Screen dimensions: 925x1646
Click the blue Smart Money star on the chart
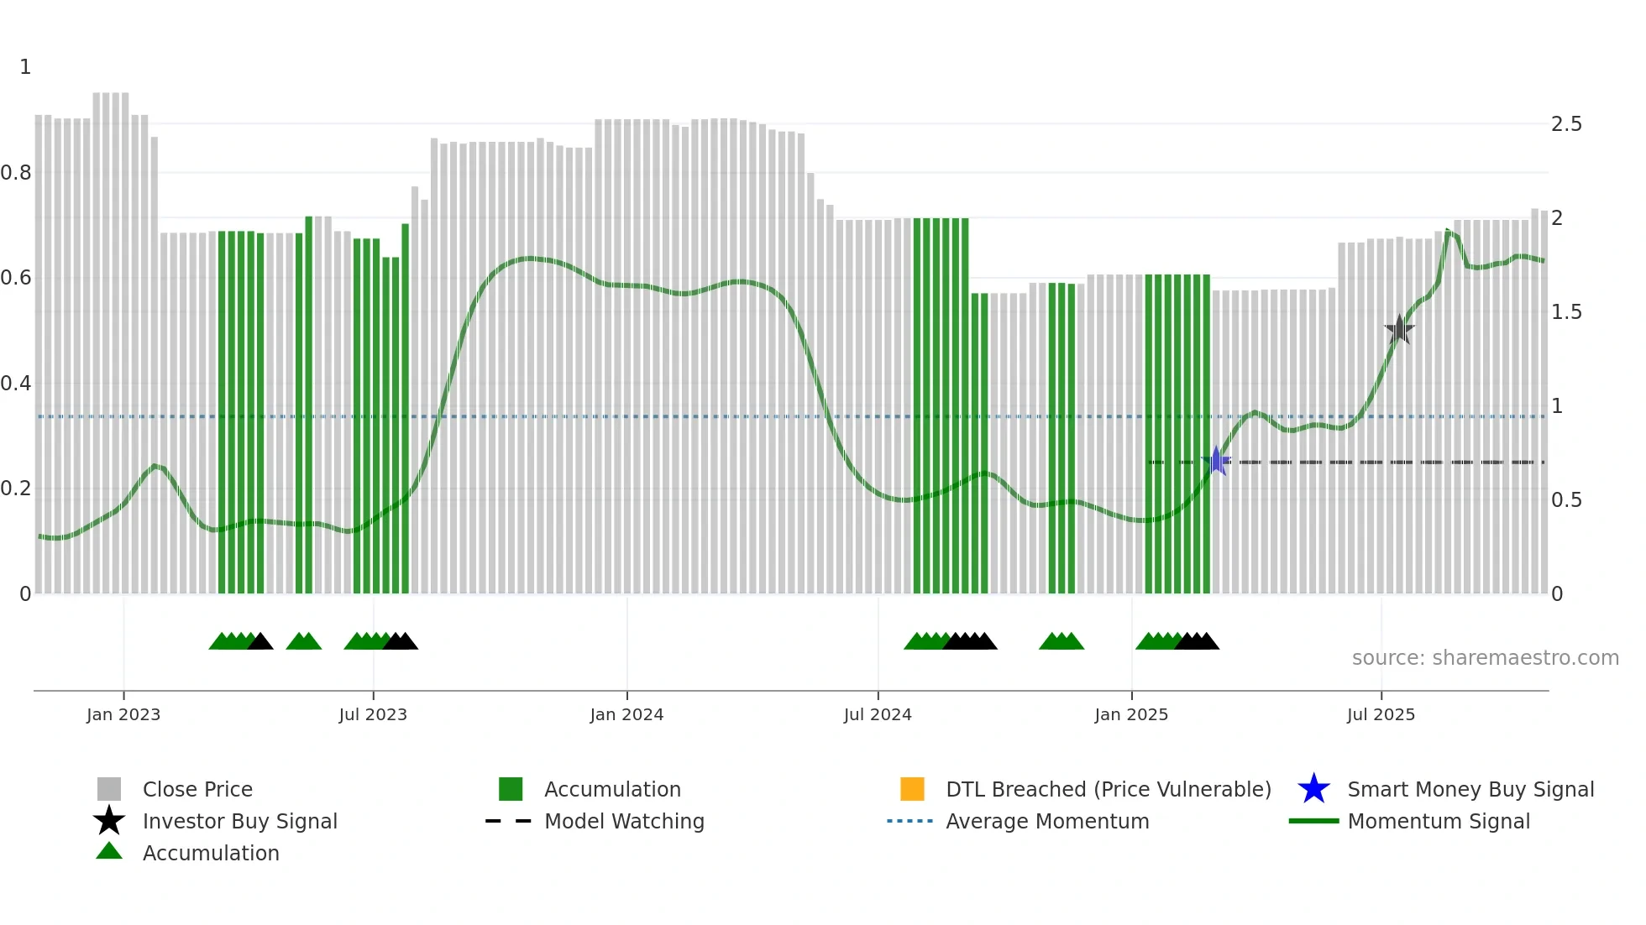tap(1216, 461)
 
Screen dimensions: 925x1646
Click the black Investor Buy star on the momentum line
tap(1399, 329)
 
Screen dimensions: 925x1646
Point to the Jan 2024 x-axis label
tap(626, 714)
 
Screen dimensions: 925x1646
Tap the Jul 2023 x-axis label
tap(373, 714)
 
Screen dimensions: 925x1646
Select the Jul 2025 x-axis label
tap(1381, 714)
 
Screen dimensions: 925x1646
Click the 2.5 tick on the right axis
tap(1566, 124)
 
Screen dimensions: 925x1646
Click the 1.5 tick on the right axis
tap(1566, 312)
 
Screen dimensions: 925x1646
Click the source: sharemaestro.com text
tap(1485, 658)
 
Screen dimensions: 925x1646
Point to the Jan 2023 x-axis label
tap(123, 714)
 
